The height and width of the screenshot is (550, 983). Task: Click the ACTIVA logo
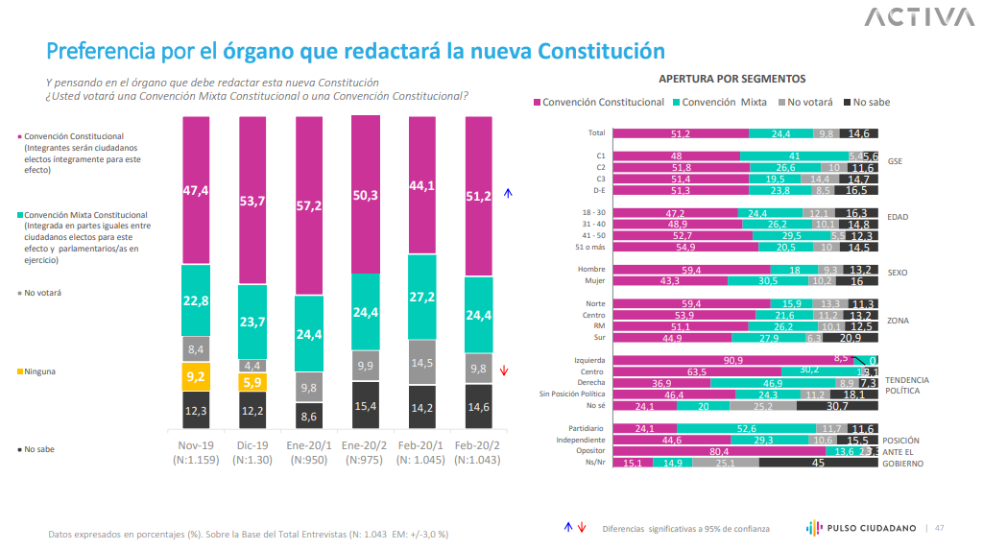pyautogui.click(x=918, y=17)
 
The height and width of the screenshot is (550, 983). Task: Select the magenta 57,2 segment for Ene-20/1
pyautogui.click(x=309, y=204)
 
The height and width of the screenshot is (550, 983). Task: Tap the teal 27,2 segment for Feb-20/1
pyautogui.click(x=422, y=297)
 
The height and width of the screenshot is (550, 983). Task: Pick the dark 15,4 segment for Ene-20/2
pyautogui.click(x=366, y=404)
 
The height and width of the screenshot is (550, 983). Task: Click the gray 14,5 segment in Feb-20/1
pyautogui.click(x=422, y=362)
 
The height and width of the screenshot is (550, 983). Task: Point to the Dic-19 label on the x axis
pyautogui.click(x=252, y=446)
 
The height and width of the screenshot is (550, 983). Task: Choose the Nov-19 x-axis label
pyautogui.click(x=196, y=446)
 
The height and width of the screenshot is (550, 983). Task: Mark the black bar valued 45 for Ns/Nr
pyautogui.click(x=819, y=463)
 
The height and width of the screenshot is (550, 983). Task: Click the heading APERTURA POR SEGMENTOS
pyautogui.click(x=731, y=79)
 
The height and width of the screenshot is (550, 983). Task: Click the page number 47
pyautogui.click(x=939, y=528)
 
